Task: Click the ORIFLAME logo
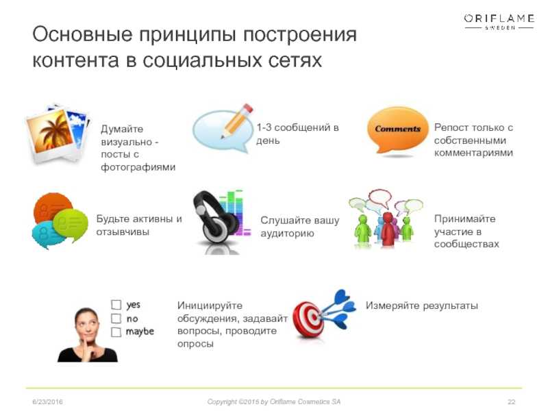click(499, 22)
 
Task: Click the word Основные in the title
click(82, 35)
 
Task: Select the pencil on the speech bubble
click(237, 121)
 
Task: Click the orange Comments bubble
click(397, 130)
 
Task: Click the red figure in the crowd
click(387, 228)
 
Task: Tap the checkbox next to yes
click(116, 304)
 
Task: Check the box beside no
click(116, 319)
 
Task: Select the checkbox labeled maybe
click(116, 332)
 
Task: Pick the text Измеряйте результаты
click(421, 306)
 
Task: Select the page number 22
click(511, 402)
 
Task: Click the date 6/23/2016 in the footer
click(47, 402)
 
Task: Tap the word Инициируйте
click(210, 306)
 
